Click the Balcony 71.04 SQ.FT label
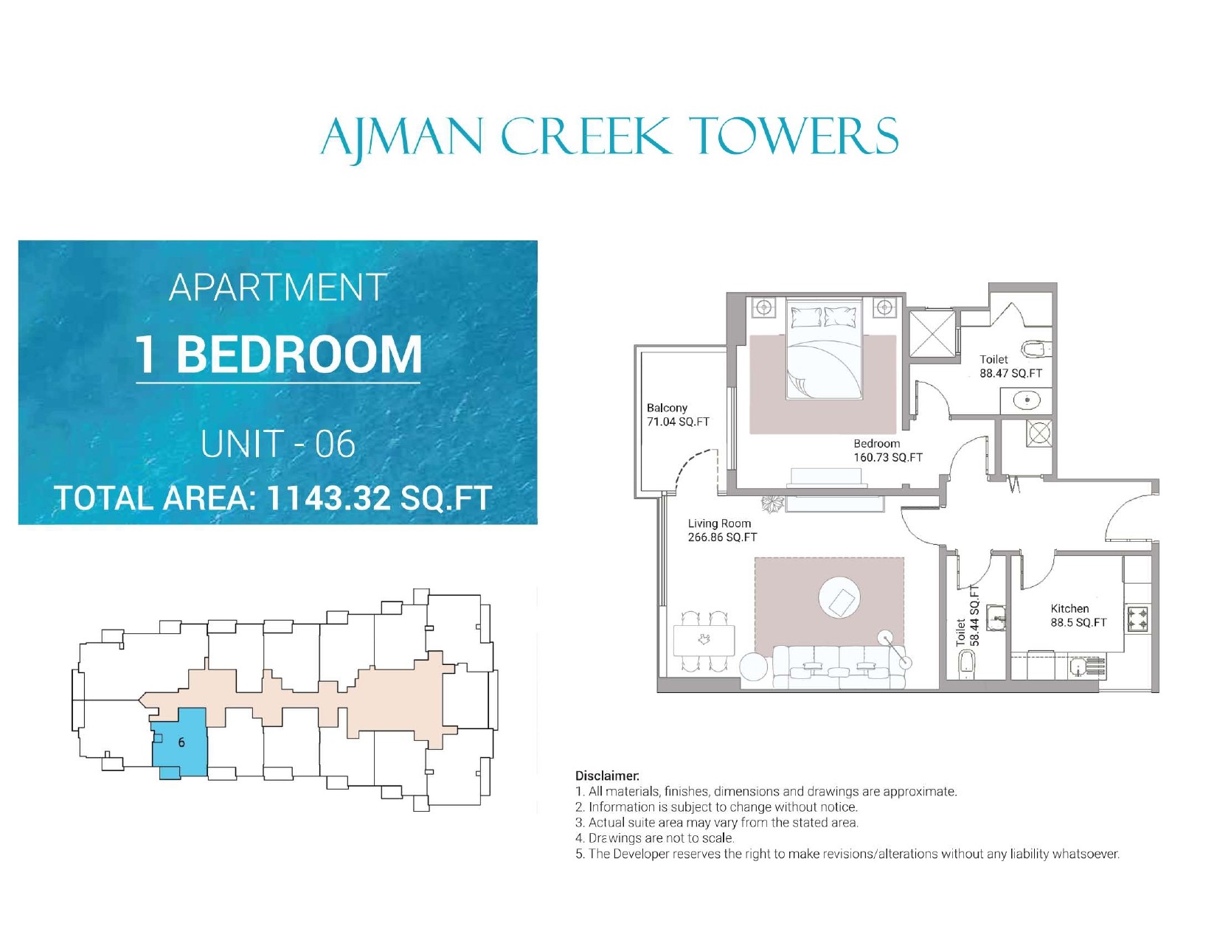pos(678,415)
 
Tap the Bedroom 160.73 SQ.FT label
pos(888,450)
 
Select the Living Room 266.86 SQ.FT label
pos(723,530)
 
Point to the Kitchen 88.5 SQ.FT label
pos(1078,616)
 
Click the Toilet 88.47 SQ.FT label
pos(1011,366)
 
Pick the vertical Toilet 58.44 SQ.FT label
pos(968,616)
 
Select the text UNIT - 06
pos(278,444)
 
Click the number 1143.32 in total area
pos(329,498)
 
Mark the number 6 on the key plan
pos(181,742)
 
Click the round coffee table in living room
pos(839,598)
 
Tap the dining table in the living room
pos(704,641)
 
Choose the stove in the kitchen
pos(1137,620)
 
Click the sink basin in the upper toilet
pos(1027,400)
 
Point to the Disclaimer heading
pos(607,776)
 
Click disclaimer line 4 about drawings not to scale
pos(655,838)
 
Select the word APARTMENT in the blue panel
pos(278,288)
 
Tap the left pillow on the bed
pos(805,318)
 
